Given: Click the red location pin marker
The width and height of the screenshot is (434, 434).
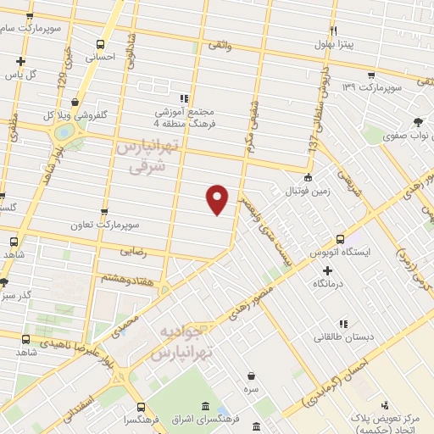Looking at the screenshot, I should pyautogui.click(x=218, y=198).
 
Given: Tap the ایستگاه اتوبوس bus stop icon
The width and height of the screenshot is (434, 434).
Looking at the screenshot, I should pyautogui.click(x=341, y=239).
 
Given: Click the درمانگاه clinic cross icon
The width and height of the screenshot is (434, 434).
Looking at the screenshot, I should pyautogui.click(x=327, y=270).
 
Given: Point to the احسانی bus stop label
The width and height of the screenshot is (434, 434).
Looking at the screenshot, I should pyautogui.click(x=102, y=57).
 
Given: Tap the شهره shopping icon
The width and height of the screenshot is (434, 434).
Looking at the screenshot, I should pyautogui.click(x=251, y=376).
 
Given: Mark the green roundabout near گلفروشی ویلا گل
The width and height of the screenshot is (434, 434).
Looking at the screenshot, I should pyautogui.click(x=64, y=134).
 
